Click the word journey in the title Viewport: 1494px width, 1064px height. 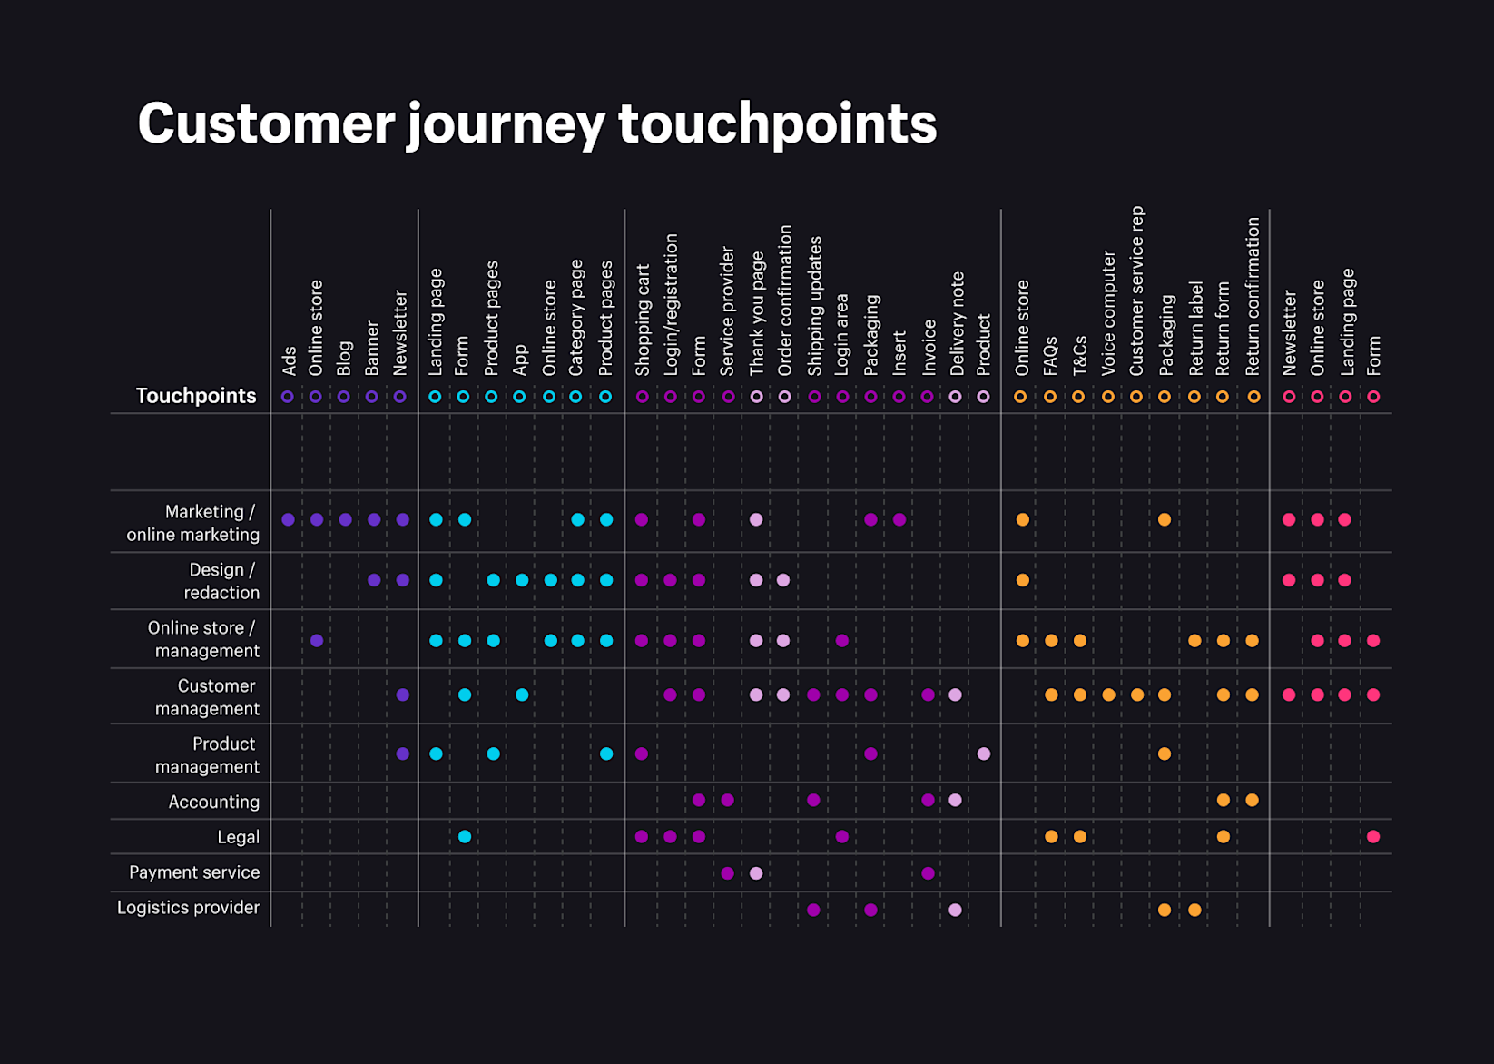tap(505, 124)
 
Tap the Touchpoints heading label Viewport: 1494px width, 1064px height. tap(196, 396)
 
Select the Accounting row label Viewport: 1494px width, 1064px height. tap(214, 802)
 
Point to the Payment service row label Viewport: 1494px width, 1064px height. tap(194, 872)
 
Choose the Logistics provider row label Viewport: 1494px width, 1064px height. tap(188, 908)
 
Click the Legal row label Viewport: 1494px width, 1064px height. tap(238, 837)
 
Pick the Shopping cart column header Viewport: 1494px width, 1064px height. tap(643, 320)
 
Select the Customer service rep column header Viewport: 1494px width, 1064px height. tap(1136, 291)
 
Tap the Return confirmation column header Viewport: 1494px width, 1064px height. tap(1253, 296)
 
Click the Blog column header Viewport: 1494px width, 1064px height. tap(344, 358)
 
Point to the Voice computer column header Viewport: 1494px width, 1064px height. tap(1108, 313)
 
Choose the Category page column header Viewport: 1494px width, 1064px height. tap(576, 317)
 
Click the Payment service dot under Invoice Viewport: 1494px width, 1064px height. tap(928, 873)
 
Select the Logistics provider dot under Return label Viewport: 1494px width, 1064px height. tap(1194, 910)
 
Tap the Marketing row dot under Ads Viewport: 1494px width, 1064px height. tap(289, 520)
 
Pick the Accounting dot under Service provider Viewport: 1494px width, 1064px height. tap(728, 800)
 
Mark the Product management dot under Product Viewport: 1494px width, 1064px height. tap(984, 754)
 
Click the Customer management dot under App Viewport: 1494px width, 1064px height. tap(522, 695)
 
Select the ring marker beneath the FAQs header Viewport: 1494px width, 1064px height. tap(1050, 397)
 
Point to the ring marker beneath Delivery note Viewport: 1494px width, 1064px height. tap(955, 397)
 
